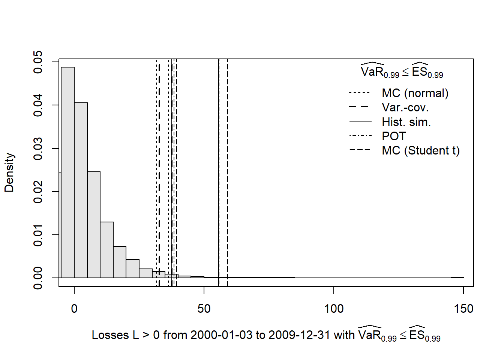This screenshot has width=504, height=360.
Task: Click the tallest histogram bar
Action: tap(68, 172)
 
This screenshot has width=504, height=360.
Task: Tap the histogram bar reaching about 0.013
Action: tap(106, 250)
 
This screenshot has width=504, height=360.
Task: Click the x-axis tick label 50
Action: tap(204, 309)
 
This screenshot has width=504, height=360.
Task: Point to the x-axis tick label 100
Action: tap(334, 309)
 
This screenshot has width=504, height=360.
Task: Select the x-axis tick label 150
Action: tap(463, 309)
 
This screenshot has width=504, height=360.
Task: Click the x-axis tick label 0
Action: tap(74, 309)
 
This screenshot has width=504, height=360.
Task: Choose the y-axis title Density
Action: tap(9, 172)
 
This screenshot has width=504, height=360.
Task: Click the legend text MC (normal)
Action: tap(415, 93)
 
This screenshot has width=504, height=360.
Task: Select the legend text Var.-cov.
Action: tap(405, 108)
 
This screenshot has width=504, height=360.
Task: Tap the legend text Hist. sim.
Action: tap(406, 122)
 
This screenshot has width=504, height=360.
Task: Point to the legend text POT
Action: tap(394, 136)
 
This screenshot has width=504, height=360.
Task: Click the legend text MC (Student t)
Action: tap(420, 150)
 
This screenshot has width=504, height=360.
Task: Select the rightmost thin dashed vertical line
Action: tap(228, 169)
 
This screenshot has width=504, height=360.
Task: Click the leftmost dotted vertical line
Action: tap(157, 169)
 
